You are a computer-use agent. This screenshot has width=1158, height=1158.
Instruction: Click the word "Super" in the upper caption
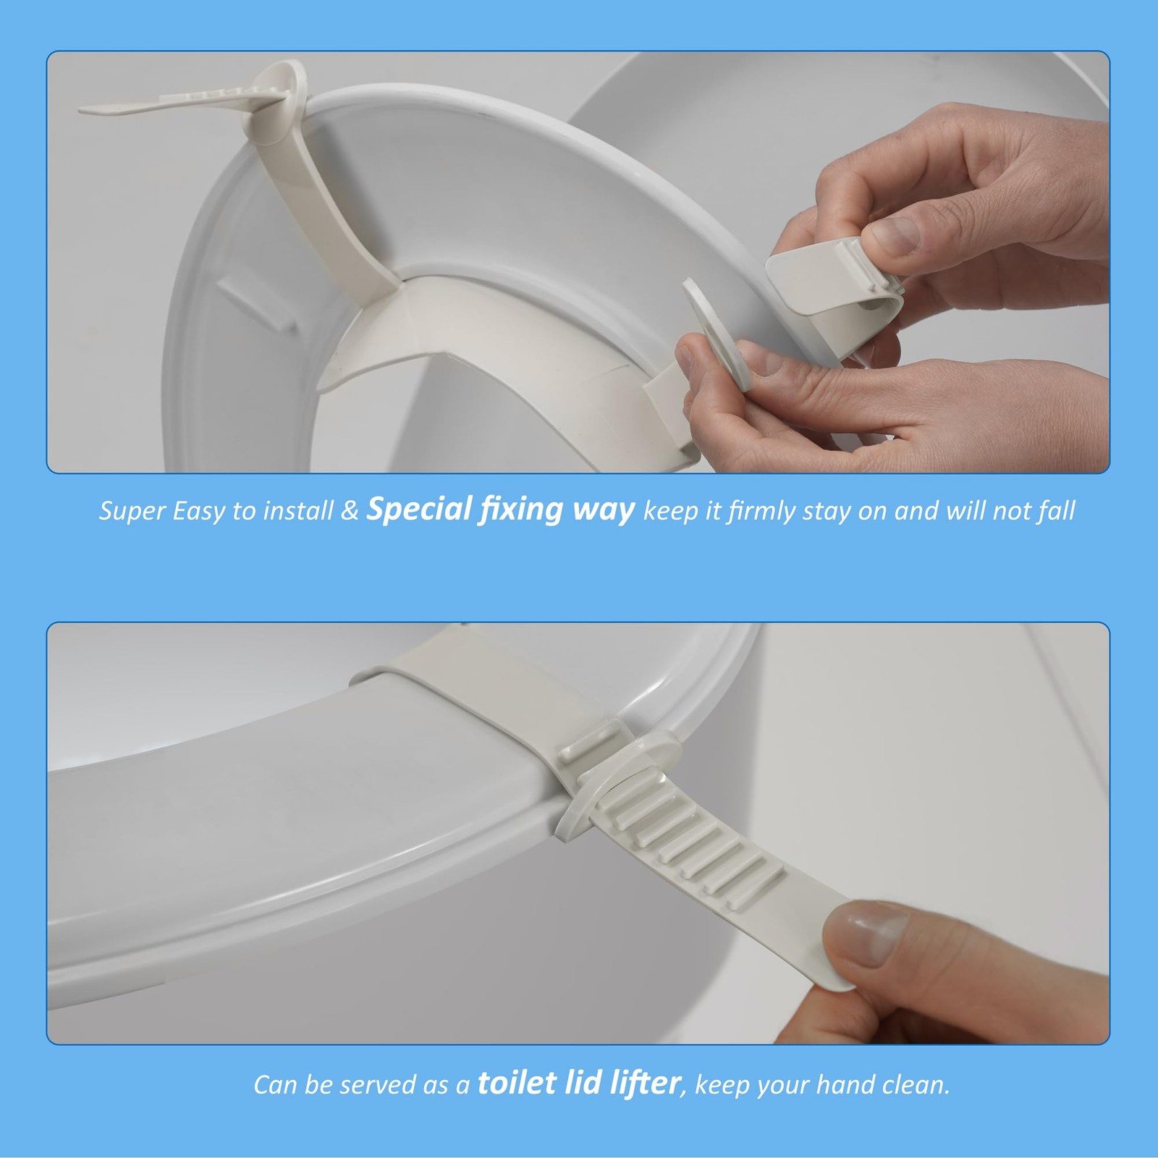click(132, 512)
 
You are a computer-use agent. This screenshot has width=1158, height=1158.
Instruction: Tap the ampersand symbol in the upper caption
click(350, 512)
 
